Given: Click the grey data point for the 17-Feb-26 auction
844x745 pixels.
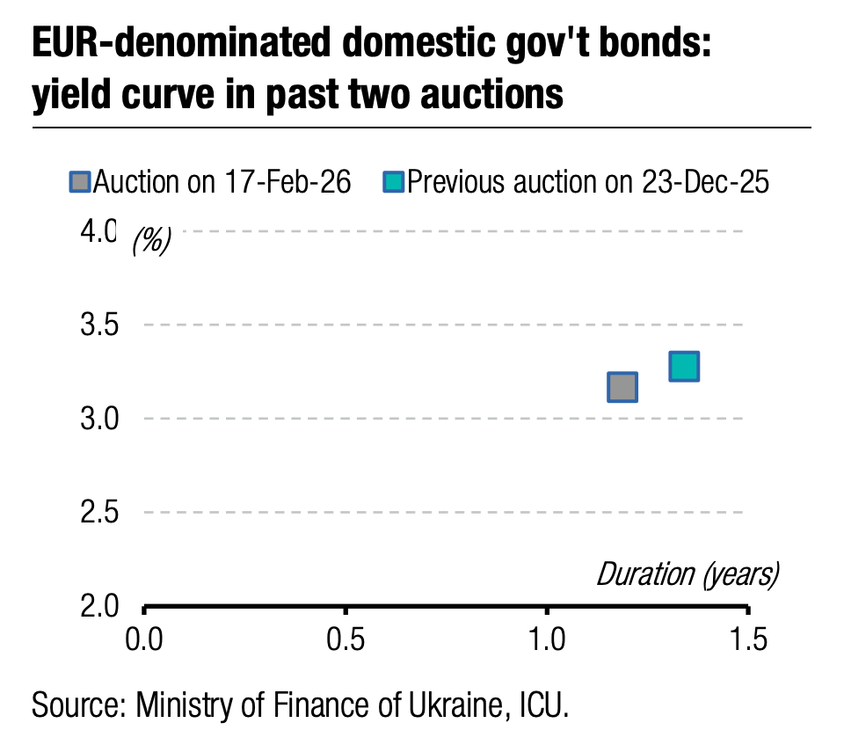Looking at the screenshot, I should tap(622, 387).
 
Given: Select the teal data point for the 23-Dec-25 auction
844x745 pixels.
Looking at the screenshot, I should tap(684, 366).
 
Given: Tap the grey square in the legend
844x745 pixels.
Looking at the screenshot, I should tap(80, 183).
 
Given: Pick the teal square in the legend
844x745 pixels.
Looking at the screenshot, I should tap(393, 183).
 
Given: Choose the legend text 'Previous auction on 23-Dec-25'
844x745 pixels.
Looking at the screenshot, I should tap(588, 183).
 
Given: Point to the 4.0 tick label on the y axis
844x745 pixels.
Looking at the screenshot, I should tap(98, 231).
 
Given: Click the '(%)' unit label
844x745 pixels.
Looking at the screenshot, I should tap(151, 241).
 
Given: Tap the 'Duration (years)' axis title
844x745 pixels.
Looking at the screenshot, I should tap(688, 574).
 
